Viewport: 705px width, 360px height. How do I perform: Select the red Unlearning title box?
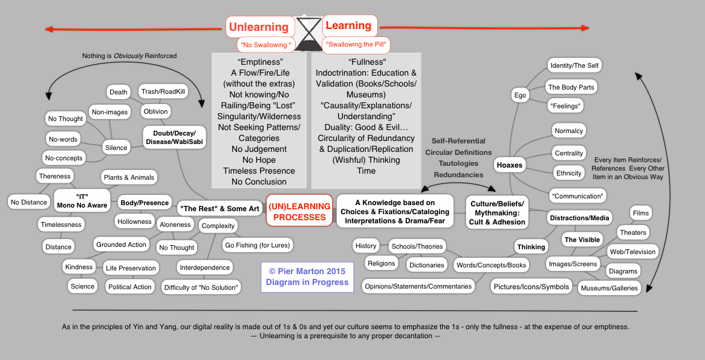point(259,27)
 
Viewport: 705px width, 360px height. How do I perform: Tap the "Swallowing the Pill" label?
point(356,44)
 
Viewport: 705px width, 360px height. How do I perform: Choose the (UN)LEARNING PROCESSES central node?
point(299,211)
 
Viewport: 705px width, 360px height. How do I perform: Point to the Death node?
point(119,92)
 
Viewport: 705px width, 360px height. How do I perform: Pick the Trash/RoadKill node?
point(163,91)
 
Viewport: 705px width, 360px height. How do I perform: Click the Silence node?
point(116,147)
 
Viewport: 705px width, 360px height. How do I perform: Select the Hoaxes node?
point(509,164)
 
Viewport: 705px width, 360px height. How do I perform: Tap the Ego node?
point(520,95)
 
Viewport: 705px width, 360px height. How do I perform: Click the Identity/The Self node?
point(575,65)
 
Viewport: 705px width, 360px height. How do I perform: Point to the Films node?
point(641,213)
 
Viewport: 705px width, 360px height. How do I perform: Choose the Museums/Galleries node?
point(609,288)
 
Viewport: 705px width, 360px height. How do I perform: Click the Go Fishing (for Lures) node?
point(258,245)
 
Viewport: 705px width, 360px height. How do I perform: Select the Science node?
point(82,286)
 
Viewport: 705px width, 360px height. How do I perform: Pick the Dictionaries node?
point(427,264)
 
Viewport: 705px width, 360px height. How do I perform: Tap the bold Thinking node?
point(531,246)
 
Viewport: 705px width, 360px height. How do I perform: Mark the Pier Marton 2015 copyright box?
point(307,277)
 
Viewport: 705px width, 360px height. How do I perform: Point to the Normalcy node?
point(569,131)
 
